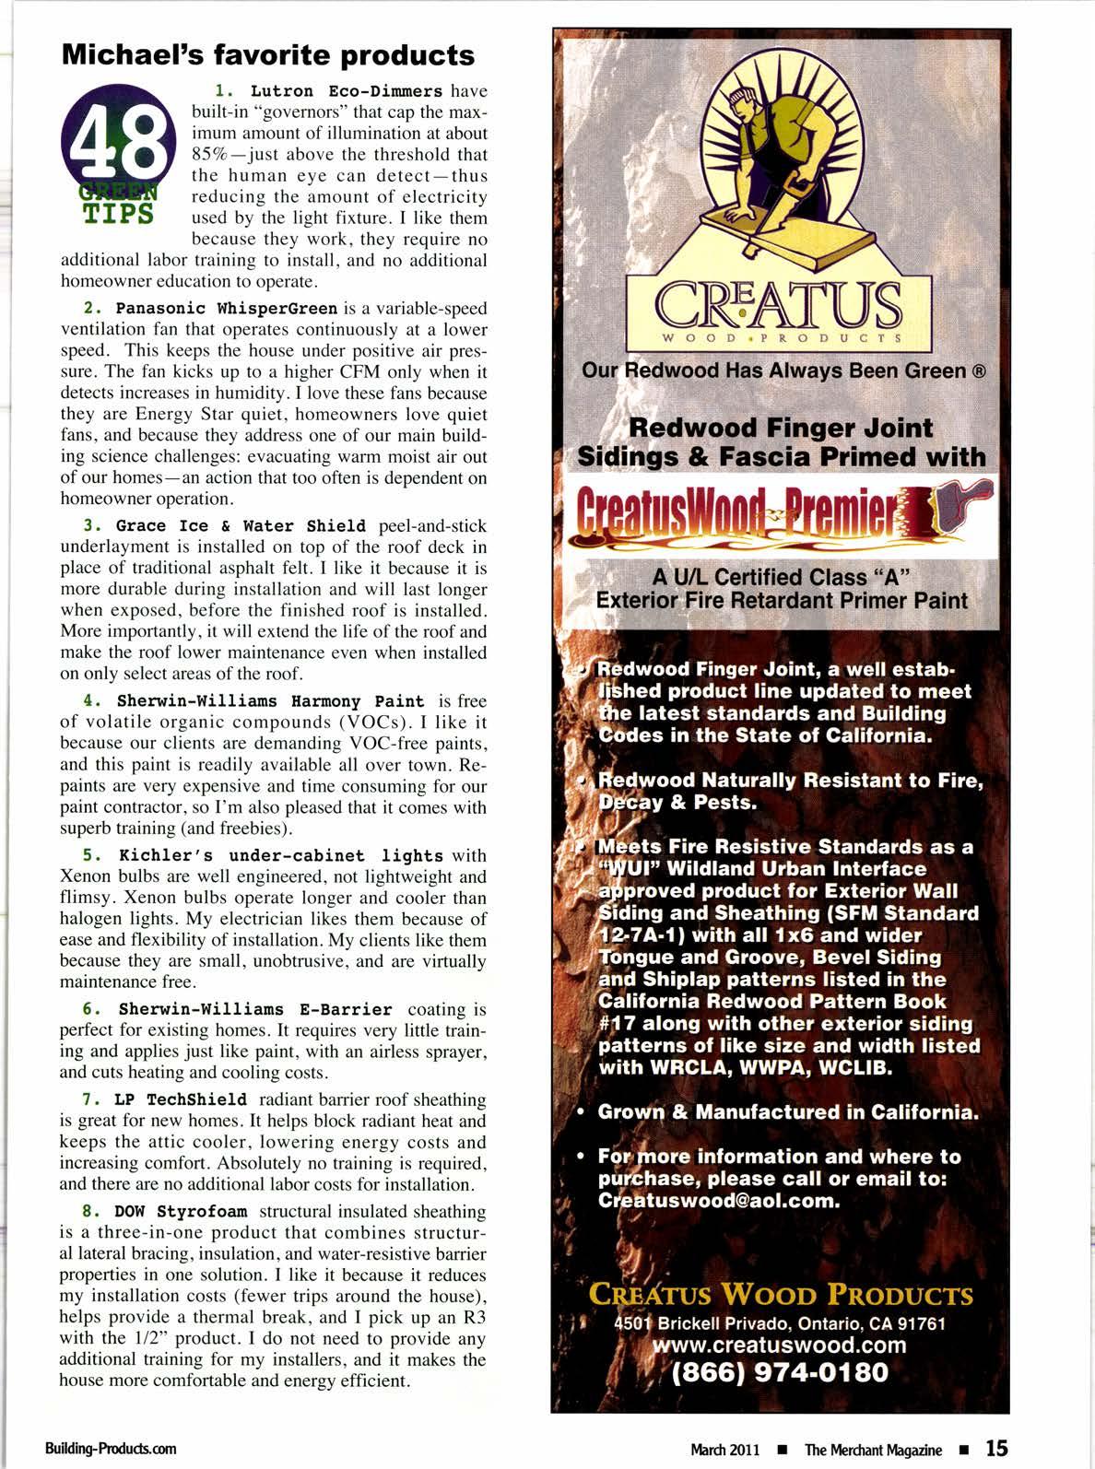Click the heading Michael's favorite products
click(267, 54)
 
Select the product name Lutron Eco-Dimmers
click(347, 91)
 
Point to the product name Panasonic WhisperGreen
click(227, 308)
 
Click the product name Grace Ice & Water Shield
click(240, 525)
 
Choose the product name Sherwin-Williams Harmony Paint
click(271, 700)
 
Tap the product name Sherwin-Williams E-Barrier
click(255, 1009)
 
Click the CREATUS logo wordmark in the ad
click(779, 306)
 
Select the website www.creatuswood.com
click(779, 1345)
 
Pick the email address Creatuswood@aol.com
click(719, 1201)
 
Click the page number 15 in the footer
click(995, 1448)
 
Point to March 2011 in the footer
click(725, 1450)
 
